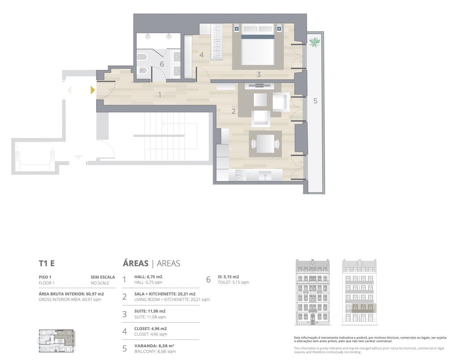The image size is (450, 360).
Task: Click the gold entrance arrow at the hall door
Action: click(x=93, y=90)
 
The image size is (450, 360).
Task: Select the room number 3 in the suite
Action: click(x=259, y=74)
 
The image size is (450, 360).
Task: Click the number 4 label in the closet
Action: click(x=201, y=55)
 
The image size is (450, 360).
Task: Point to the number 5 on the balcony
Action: click(x=315, y=101)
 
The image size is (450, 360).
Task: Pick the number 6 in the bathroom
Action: click(x=162, y=64)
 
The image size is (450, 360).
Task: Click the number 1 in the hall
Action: click(x=160, y=95)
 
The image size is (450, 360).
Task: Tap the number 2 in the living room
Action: click(x=233, y=111)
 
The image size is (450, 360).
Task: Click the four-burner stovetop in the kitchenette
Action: click(x=240, y=175)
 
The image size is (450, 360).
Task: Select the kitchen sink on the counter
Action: click(x=265, y=176)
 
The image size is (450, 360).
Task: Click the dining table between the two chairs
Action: click(x=265, y=144)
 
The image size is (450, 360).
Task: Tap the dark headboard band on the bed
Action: click(x=258, y=37)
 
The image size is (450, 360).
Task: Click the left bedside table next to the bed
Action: click(x=236, y=29)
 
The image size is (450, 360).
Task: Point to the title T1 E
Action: click(x=47, y=263)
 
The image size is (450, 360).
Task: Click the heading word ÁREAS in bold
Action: click(x=135, y=263)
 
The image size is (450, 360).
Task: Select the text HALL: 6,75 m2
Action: click(x=148, y=277)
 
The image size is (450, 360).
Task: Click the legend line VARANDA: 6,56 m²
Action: click(x=154, y=346)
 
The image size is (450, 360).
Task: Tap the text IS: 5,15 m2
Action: click(x=228, y=277)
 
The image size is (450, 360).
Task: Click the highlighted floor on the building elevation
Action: click(x=363, y=308)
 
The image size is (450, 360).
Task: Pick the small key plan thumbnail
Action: click(x=56, y=341)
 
